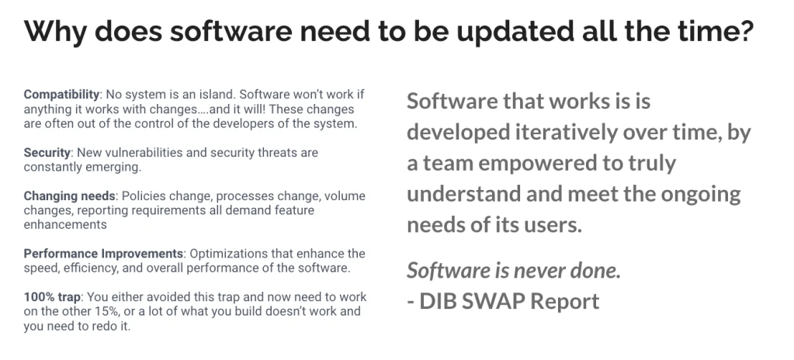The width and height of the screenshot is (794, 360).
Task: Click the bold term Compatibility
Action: (x=61, y=95)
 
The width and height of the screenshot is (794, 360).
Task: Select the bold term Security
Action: (x=47, y=152)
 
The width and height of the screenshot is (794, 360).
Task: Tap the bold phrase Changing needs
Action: (x=70, y=196)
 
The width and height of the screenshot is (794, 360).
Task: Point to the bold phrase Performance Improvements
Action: (x=103, y=253)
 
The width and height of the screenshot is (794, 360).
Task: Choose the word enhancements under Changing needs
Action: (x=65, y=224)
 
